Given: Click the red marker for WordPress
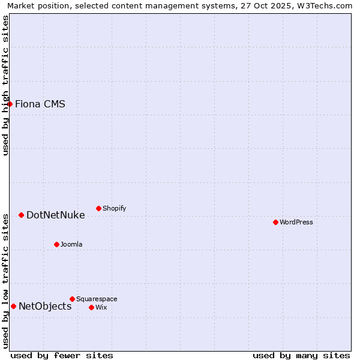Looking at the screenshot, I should tap(275, 222).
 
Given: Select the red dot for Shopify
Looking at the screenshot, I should tap(98, 208).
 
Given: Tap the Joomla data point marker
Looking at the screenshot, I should tap(56, 244).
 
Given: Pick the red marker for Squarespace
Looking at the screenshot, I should tap(72, 299).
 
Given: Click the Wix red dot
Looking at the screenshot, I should tap(91, 307).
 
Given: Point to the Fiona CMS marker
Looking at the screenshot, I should tap(10, 104).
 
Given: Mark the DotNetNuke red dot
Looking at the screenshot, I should tap(21, 215).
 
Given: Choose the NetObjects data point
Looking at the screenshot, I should tap(13, 306).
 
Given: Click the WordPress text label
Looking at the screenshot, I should tap(296, 222).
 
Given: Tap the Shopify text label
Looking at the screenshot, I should tap(114, 208).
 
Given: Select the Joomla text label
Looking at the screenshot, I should tap(71, 244).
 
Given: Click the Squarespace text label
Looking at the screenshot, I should tap(97, 299).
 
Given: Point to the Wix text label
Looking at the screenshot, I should tap(101, 307).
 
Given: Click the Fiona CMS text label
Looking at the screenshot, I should tap(40, 104).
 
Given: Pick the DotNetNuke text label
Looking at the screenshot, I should tap(55, 215).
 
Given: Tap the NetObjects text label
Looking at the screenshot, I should tap(45, 306).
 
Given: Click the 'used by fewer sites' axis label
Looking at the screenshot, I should tap(62, 355).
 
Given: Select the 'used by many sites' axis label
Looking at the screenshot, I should tap(301, 355).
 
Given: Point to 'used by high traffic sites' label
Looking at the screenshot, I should tap(6, 85).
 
